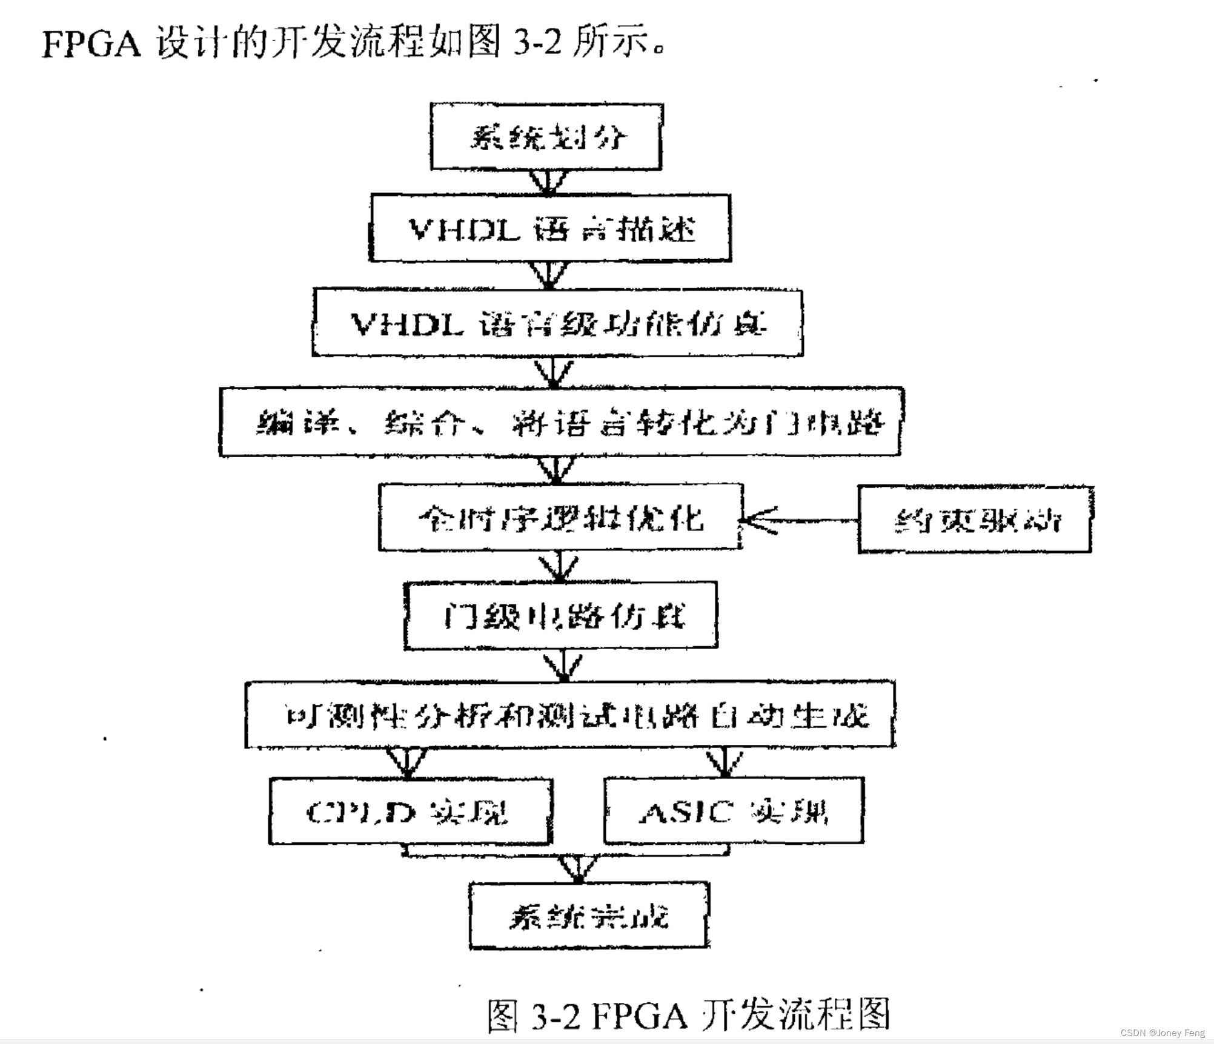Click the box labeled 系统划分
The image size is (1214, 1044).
click(546, 137)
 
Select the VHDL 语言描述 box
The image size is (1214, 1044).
click(550, 228)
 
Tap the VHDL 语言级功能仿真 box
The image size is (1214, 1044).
click(557, 323)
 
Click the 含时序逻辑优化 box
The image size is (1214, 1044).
click(560, 518)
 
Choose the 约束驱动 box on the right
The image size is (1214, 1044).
click(975, 520)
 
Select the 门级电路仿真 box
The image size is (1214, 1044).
click(561, 616)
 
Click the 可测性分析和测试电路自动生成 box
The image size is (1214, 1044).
click(570, 715)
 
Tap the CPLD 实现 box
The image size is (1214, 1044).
click(411, 811)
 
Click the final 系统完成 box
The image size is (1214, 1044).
click(589, 916)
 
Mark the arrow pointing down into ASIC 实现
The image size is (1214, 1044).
click(725, 763)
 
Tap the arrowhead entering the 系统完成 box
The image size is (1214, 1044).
click(579, 870)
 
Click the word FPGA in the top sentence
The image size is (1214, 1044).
click(91, 44)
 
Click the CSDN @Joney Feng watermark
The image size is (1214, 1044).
click(1163, 1033)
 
